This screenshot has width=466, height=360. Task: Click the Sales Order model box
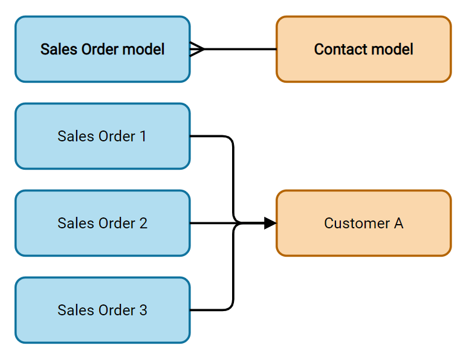coord(102,49)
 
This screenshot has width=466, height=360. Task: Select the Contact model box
coord(363,49)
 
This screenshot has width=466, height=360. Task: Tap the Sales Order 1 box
coord(102,136)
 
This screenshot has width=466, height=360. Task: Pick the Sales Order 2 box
coord(102,223)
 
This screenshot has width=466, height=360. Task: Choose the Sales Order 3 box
coord(102,310)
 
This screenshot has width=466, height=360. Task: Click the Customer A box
coord(363,223)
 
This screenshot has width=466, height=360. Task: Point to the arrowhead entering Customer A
coord(270,223)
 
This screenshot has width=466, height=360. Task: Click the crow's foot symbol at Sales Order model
coord(198,49)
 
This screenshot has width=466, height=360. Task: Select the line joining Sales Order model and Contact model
coord(242,49)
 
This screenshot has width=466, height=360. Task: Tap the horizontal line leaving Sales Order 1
coord(209,136)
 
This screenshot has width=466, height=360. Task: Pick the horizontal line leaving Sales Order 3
coord(209,310)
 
